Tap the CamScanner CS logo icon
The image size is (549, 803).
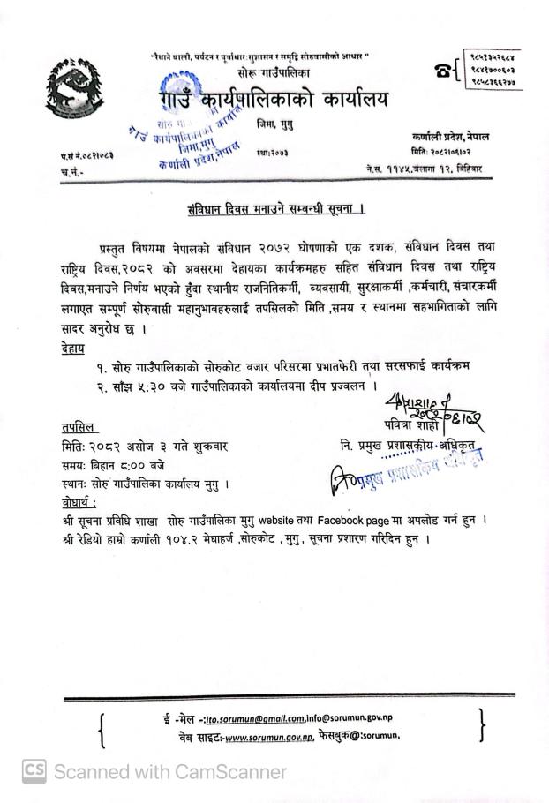click(34, 771)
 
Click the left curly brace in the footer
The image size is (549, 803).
click(105, 729)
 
